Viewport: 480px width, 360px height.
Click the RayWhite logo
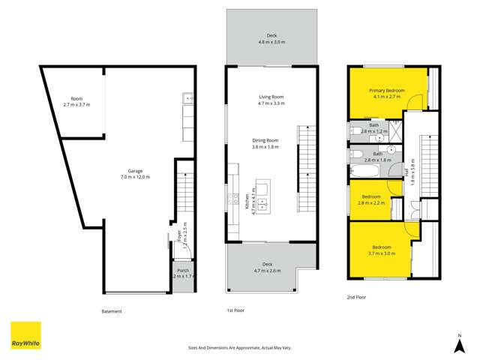25,335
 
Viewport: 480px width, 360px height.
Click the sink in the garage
188,97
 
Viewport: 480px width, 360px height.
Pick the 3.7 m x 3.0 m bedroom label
381,247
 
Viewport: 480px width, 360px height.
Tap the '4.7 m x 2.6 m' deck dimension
267,270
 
